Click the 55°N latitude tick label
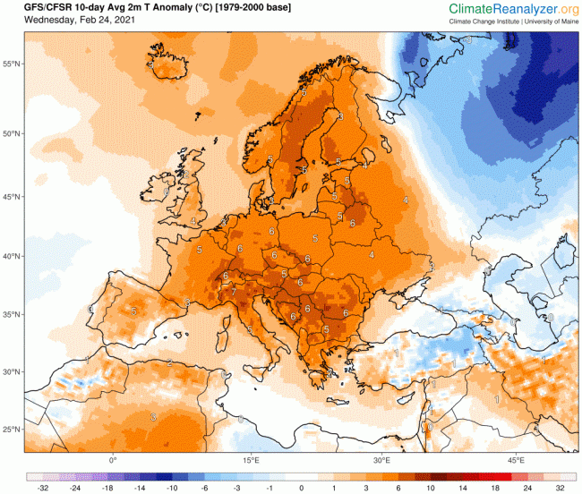pyautogui.click(x=12, y=64)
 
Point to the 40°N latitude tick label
pyautogui.click(x=12, y=256)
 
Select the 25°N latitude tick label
pyautogui.click(x=12, y=430)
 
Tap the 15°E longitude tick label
pyautogui.click(x=251, y=460)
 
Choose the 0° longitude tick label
pyautogui.click(x=113, y=460)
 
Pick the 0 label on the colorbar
pyautogui.click(x=302, y=489)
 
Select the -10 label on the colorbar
pyautogui.click(x=171, y=489)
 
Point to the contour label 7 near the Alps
pyautogui.click(x=234, y=291)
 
